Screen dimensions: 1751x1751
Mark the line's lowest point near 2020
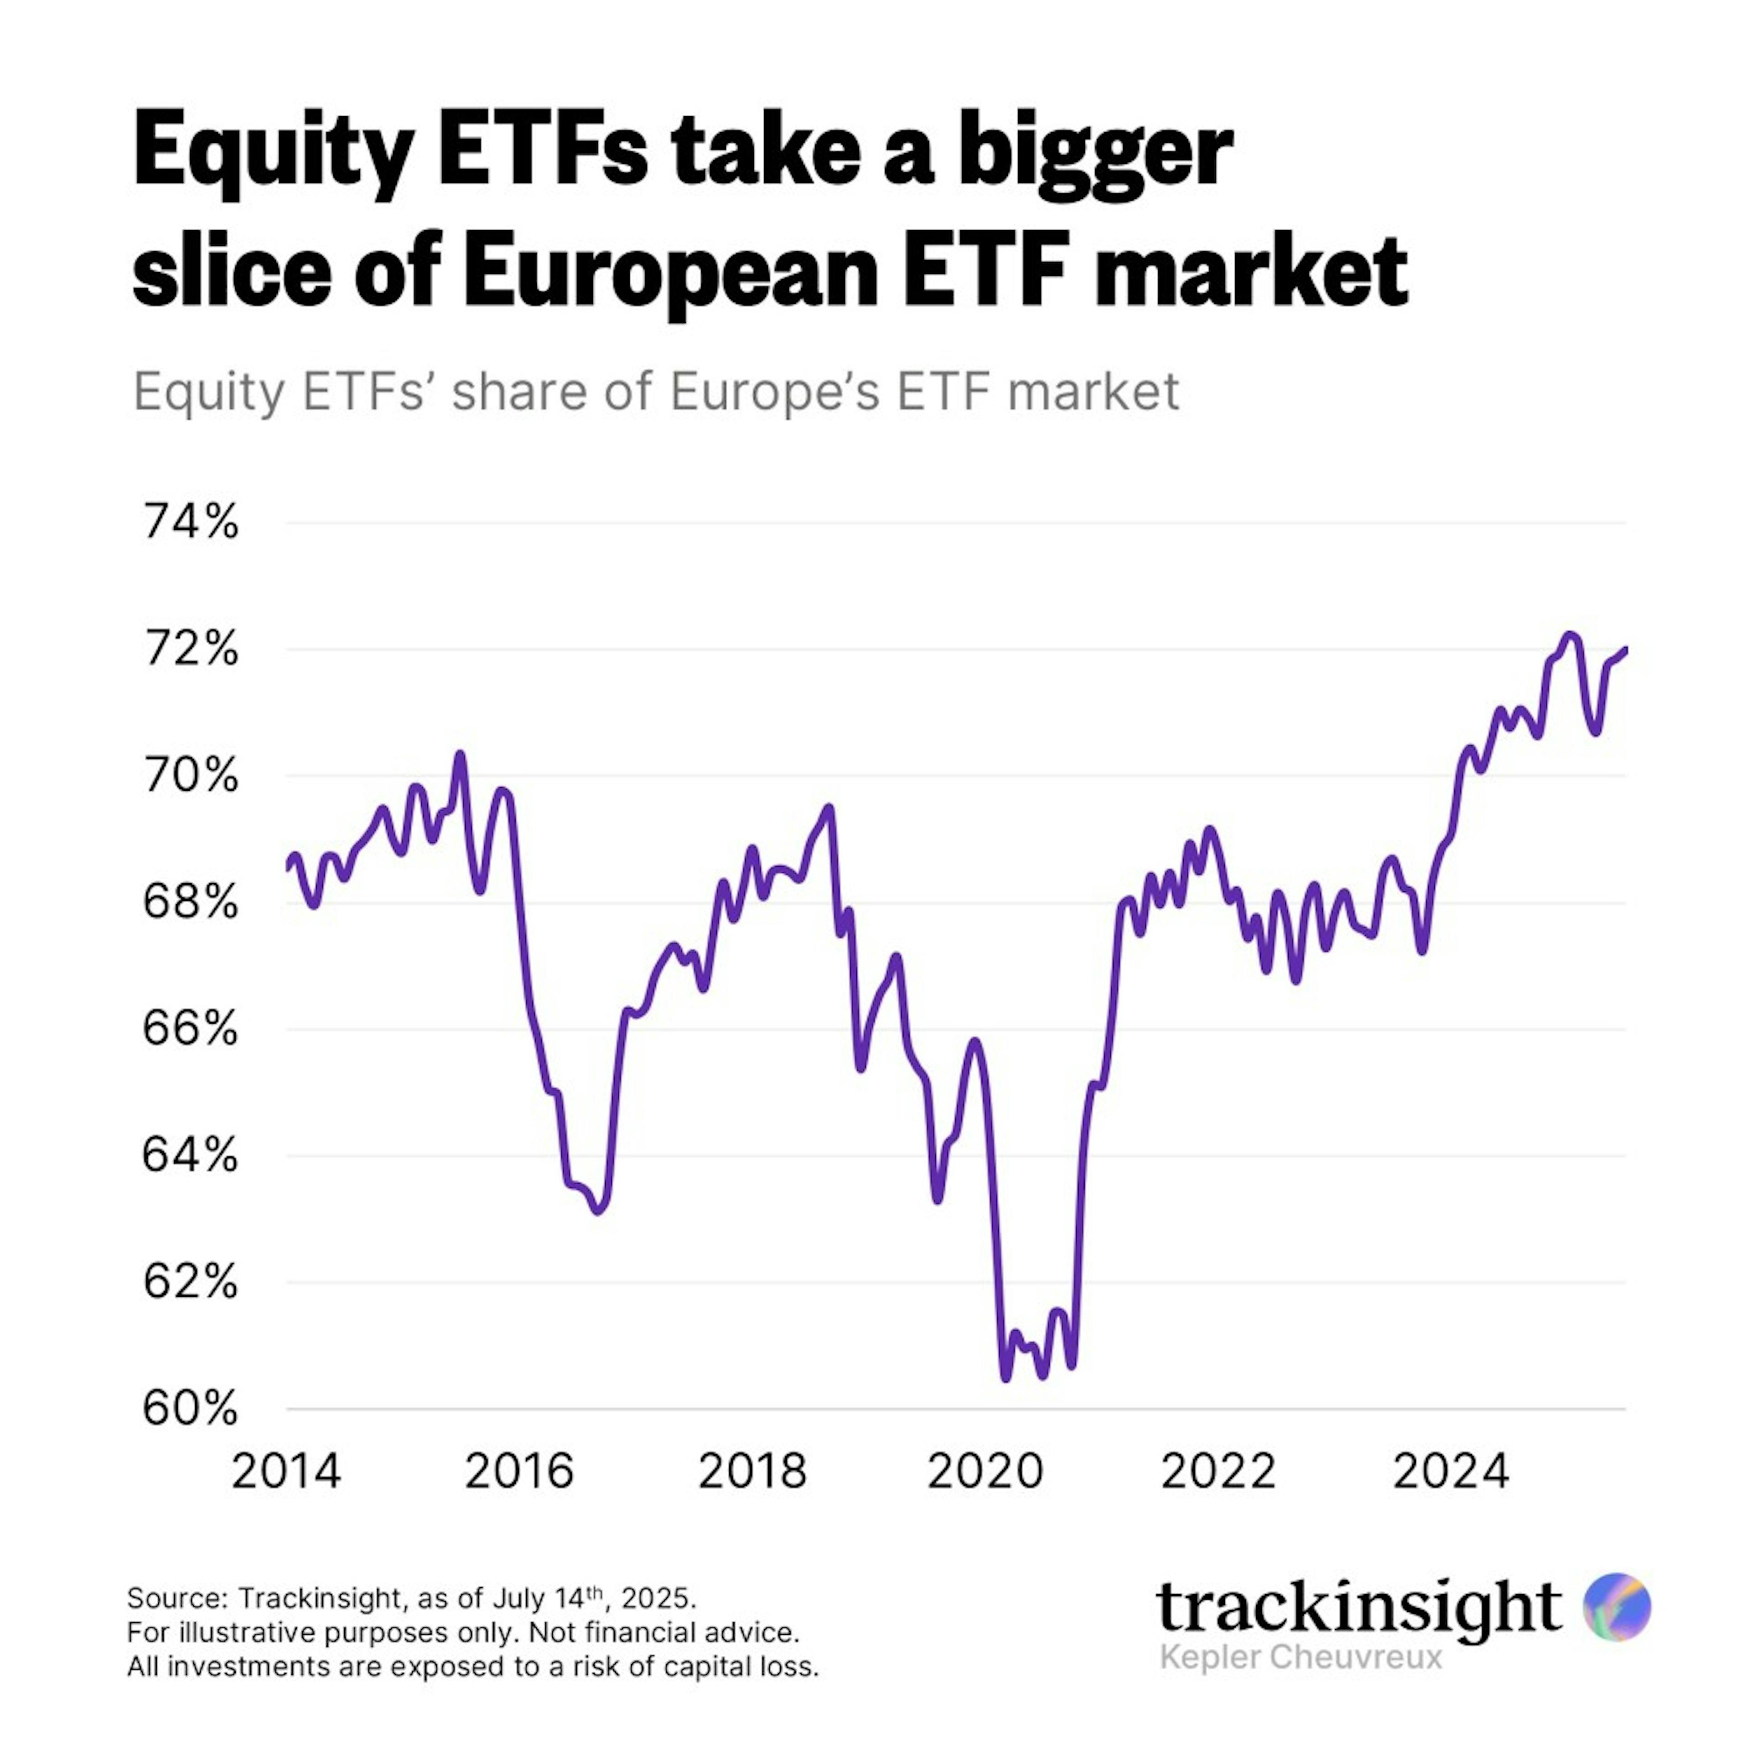pos(1005,1378)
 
